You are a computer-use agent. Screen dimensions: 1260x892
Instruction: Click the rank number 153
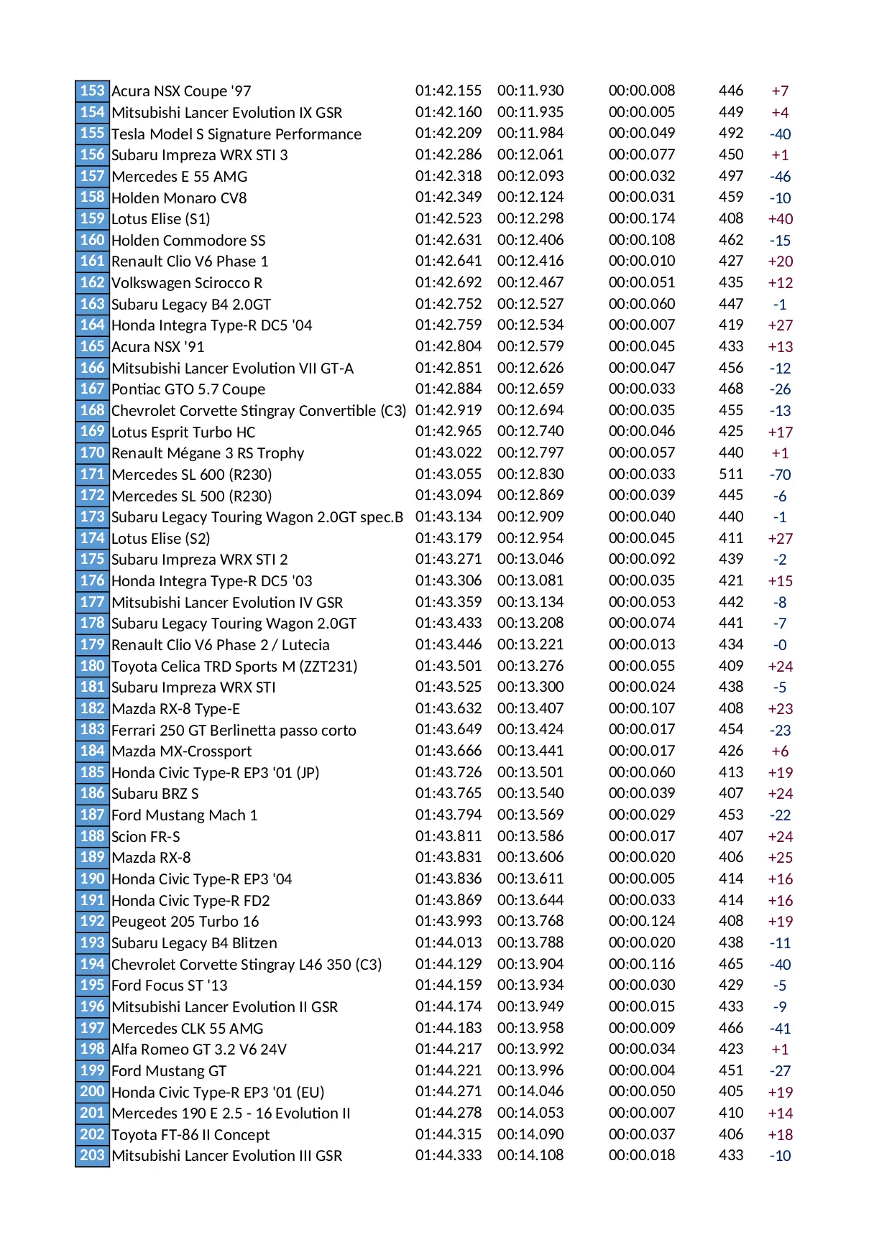[x=92, y=91]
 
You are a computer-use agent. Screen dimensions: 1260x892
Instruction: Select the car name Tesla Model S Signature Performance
[x=236, y=134]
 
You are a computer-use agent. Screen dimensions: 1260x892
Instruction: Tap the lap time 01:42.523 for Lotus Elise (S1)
[x=449, y=218]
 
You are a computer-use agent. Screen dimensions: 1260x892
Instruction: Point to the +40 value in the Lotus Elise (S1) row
[x=780, y=219]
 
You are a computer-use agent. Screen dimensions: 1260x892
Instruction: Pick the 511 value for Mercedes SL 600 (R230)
[x=731, y=474]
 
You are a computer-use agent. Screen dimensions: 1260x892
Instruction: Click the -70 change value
[x=780, y=475]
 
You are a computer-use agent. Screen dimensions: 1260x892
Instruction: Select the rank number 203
[x=92, y=1155]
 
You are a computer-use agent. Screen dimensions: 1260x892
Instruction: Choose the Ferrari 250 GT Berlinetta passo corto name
[x=234, y=730]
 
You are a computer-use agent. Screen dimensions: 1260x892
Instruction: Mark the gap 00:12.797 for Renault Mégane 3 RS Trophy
[x=530, y=453]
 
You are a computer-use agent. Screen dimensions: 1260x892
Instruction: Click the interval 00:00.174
[x=642, y=218]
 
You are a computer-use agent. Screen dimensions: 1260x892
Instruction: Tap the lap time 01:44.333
[x=449, y=1155]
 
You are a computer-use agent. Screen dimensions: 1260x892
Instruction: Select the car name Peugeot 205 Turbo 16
[x=185, y=922]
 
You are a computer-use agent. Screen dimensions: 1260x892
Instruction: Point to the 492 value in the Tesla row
[x=731, y=133]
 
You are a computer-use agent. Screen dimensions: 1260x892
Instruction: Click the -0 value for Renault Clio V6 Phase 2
[x=780, y=645]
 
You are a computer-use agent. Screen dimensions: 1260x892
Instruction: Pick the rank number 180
[x=92, y=666]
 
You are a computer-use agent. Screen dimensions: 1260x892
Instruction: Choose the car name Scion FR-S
[x=146, y=836]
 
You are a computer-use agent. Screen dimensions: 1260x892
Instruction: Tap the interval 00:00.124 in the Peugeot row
[x=642, y=921]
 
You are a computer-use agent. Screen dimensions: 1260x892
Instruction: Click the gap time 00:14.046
[x=530, y=1091]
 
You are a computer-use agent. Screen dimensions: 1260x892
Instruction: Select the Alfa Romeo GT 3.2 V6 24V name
[x=199, y=1050]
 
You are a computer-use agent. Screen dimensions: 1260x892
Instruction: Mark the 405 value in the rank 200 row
[x=731, y=1091]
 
